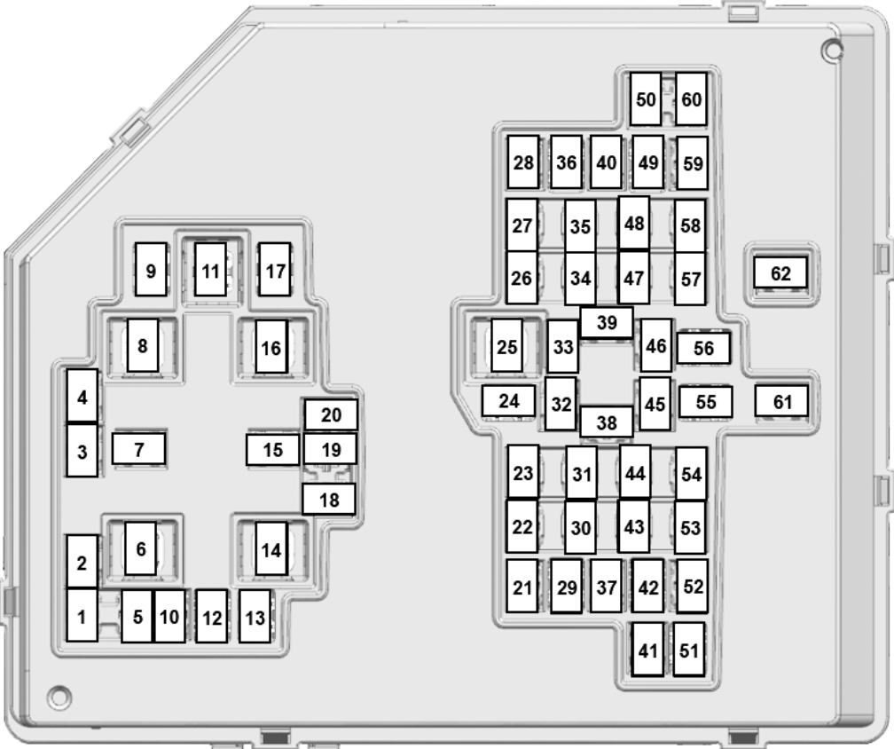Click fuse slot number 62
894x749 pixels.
[x=780, y=272]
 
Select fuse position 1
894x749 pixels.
[x=82, y=615]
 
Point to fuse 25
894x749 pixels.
[x=507, y=345]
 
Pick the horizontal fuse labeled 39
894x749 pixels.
[x=607, y=322]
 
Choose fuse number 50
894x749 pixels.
[x=646, y=99]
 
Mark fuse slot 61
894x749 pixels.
[x=781, y=401]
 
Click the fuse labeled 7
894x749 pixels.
[x=139, y=448]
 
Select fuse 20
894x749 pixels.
[x=332, y=414]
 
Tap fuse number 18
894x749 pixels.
[x=329, y=499]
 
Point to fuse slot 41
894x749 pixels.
[x=647, y=650]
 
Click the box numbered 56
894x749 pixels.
[x=703, y=347]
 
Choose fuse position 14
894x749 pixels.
[x=271, y=548]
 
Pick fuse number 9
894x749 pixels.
[x=151, y=269]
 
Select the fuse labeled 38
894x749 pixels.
[x=607, y=422]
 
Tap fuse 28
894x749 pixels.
[x=523, y=162]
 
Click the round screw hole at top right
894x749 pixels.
[x=833, y=51]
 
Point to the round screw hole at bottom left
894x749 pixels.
[x=59, y=697]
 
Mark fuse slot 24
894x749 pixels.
[x=508, y=400]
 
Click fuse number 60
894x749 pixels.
[x=691, y=99]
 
